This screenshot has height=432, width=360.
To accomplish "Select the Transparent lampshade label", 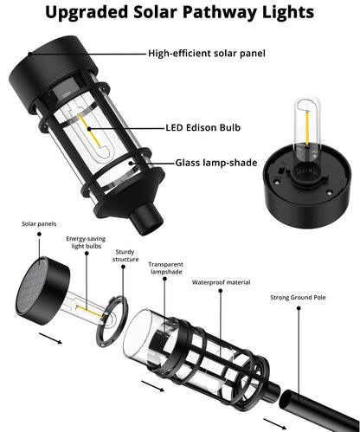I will (165, 268).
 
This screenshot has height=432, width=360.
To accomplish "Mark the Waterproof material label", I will (220, 281).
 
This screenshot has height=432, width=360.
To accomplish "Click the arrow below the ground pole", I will (275, 422).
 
